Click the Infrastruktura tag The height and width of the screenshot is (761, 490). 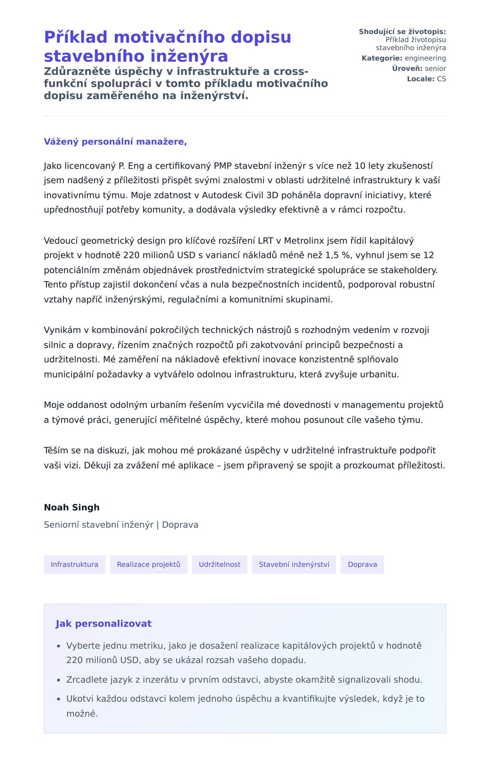(x=74, y=564)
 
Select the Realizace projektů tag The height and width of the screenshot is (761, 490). (x=148, y=564)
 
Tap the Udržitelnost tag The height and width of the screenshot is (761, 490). (x=219, y=564)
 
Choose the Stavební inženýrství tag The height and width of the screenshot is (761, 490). (x=294, y=564)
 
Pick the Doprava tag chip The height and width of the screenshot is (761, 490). (x=362, y=564)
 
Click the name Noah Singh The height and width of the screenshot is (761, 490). (x=71, y=507)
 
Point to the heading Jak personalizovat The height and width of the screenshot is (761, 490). (x=103, y=623)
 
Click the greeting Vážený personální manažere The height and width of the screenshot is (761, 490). (x=115, y=142)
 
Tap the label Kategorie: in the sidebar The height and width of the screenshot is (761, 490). (x=382, y=58)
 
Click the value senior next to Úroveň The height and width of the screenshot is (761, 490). (x=435, y=69)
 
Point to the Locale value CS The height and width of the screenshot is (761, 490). (x=441, y=79)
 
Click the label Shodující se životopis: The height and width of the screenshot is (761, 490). (x=402, y=31)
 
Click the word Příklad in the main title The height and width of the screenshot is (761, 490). (x=76, y=37)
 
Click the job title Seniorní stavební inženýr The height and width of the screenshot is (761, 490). (x=98, y=525)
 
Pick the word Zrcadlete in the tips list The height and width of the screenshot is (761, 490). (x=87, y=679)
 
